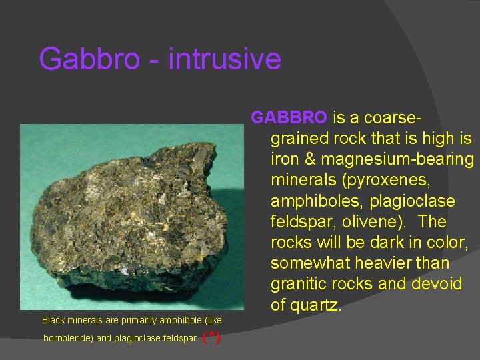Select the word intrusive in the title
click(x=225, y=59)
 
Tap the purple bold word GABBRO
click(x=289, y=117)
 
